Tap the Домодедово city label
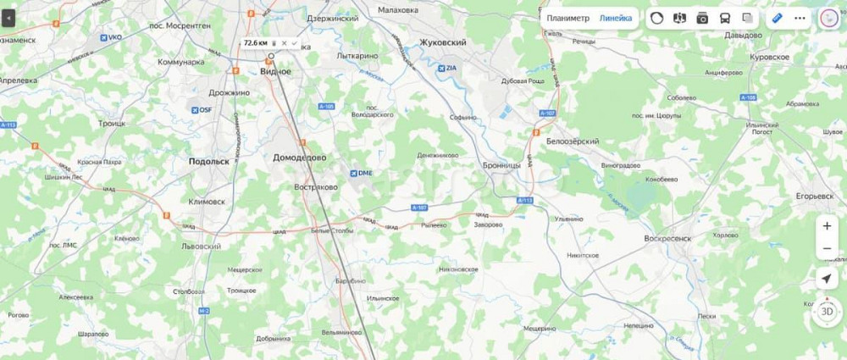coord(300,158)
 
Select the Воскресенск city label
coord(667,239)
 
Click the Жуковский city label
coord(443,42)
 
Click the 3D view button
coord(827,311)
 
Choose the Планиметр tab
coord(567,18)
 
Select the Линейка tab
coord(616,18)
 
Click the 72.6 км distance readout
coord(255,42)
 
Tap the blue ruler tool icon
coord(777,18)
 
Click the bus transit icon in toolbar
coord(725,18)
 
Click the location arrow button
coord(827,279)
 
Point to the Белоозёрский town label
coord(573,141)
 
